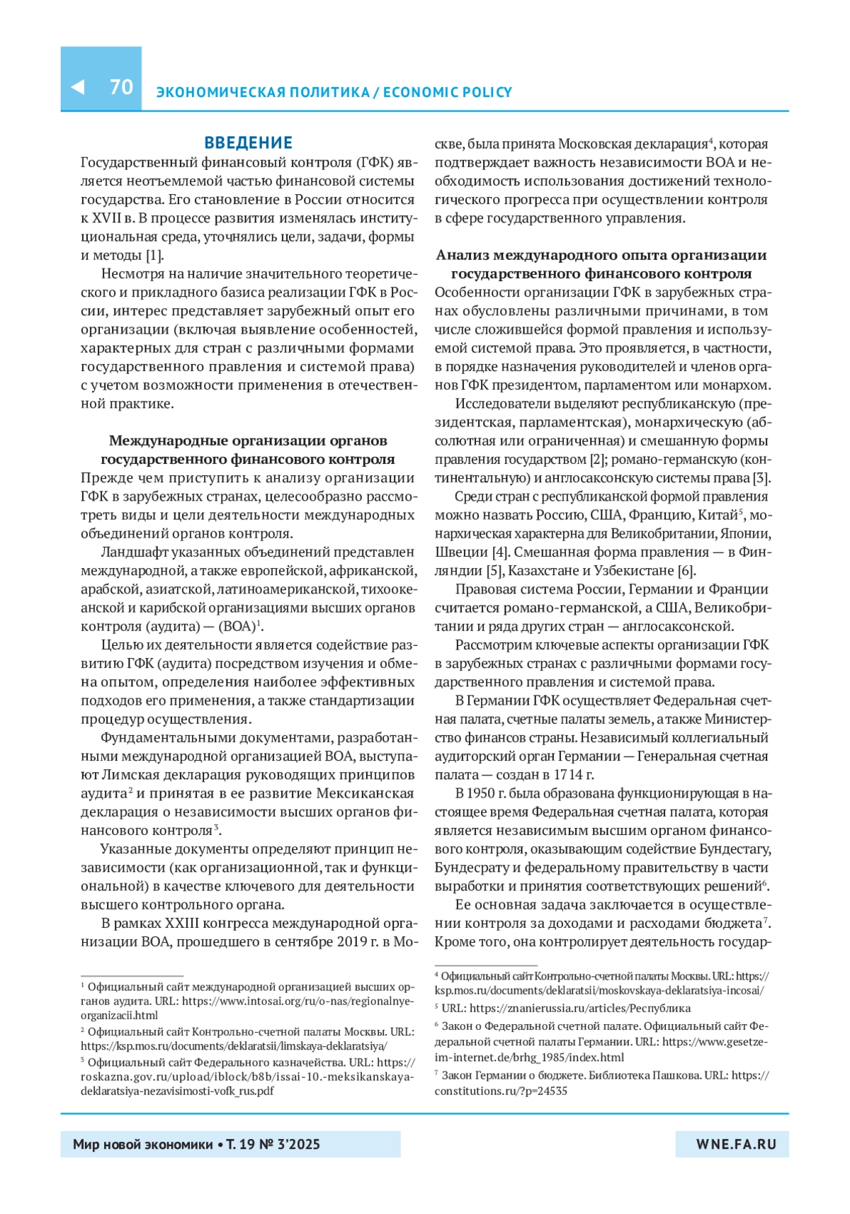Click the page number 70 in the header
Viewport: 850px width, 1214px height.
click(121, 86)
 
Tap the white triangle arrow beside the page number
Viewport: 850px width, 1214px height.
click(78, 86)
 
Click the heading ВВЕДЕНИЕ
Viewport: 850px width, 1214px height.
click(248, 143)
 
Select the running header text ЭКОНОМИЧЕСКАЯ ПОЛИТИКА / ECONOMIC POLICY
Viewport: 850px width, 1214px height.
click(334, 92)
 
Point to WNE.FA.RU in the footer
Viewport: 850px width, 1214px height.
click(736, 1144)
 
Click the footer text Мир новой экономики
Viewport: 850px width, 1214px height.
click(142, 1144)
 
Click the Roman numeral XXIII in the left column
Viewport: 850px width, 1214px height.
click(181, 923)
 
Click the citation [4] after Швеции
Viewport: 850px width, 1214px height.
click(500, 552)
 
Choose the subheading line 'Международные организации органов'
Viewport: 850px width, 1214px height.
click(248, 441)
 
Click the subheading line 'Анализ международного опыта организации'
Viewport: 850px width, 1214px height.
click(601, 255)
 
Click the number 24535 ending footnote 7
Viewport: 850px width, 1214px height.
click(552, 1091)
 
